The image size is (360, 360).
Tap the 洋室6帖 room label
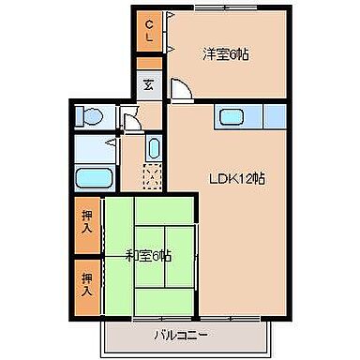pos(225,53)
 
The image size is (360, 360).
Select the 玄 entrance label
pos(149,83)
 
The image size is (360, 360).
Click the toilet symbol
pos(91,117)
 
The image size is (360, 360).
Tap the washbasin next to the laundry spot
pos(154,150)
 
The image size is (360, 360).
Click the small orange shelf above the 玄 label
pos(149,64)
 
